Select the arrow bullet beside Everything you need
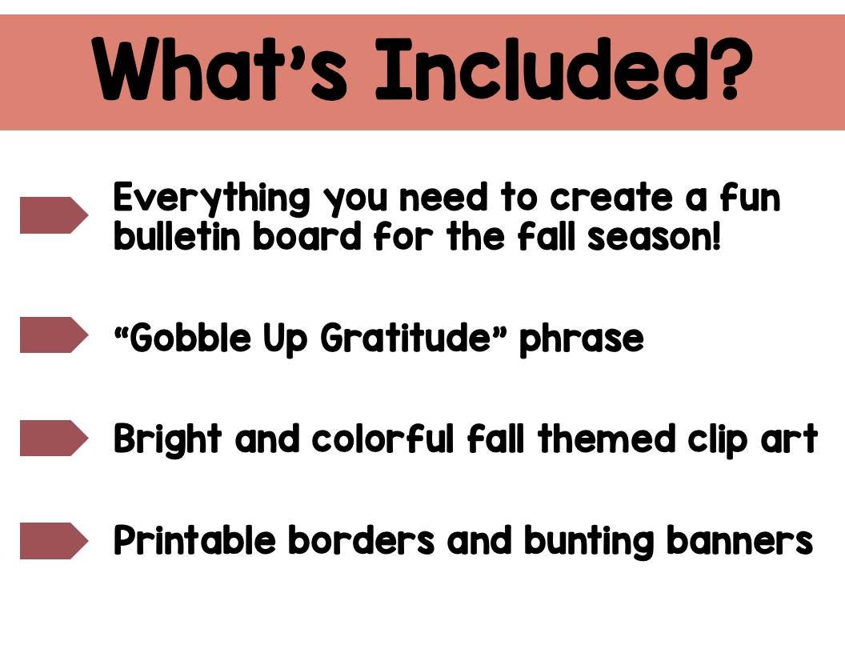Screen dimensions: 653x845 (x=53, y=215)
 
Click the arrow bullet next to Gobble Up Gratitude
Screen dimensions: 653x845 (x=53, y=335)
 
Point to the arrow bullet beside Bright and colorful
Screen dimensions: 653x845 (x=53, y=438)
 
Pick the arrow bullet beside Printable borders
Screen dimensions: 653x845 (x=53, y=540)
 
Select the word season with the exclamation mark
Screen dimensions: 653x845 (x=654, y=237)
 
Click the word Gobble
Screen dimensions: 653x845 (x=190, y=339)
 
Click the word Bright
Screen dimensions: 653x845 (x=166, y=439)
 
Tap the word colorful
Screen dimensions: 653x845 (x=382, y=439)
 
